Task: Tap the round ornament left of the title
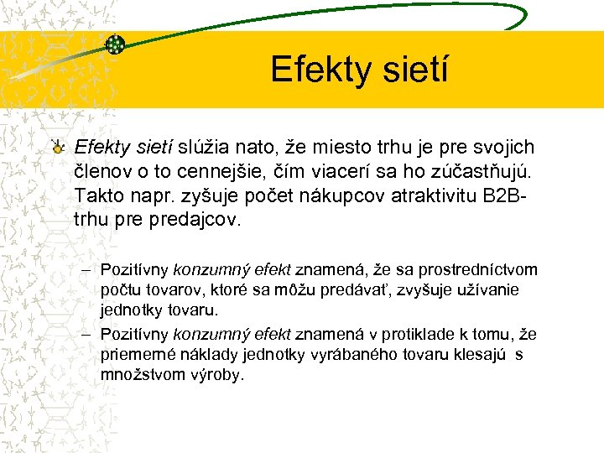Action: (x=116, y=45)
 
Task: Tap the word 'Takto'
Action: (x=99, y=197)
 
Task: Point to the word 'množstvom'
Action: (x=138, y=375)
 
